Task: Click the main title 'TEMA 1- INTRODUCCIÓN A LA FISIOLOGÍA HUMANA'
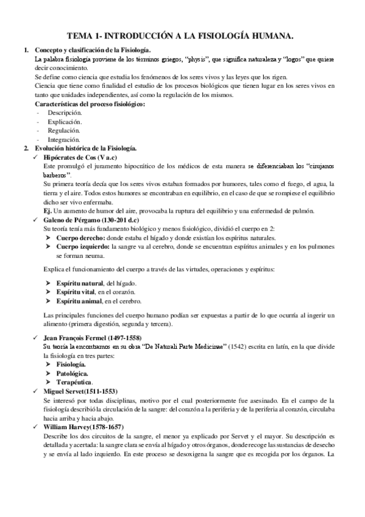point(183,37)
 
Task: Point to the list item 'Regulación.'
point(63,130)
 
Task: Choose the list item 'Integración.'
point(63,139)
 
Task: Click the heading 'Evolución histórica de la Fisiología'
point(85,148)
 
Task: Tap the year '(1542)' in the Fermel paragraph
point(232,346)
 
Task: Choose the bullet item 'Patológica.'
point(72,373)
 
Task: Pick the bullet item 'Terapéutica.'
point(74,382)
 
